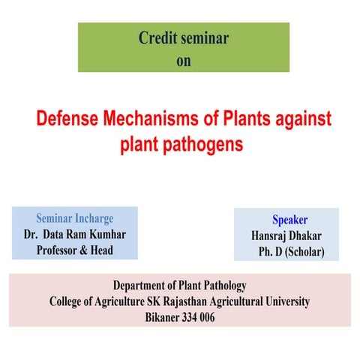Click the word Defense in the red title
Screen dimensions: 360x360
click(x=72, y=119)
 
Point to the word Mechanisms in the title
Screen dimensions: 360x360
click(x=163, y=119)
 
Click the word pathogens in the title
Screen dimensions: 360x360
click(x=208, y=144)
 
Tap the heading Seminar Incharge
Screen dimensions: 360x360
click(x=75, y=219)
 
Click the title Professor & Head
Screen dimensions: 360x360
click(x=75, y=250)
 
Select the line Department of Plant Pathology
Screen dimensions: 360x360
click(x=179, y=286)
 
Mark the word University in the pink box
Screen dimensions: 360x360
click(x=284, y=301)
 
